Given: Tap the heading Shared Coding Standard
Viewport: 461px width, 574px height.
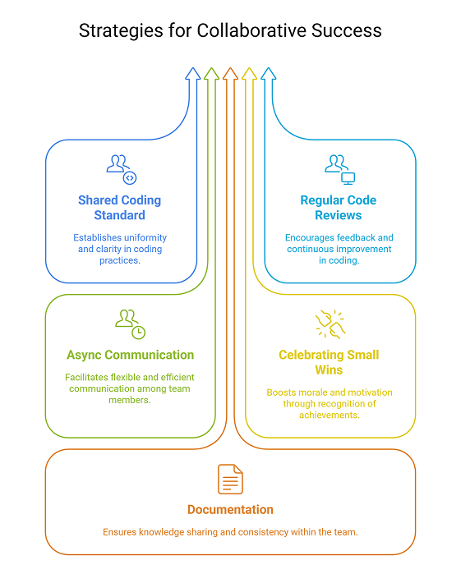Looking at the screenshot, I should tap(120, 208).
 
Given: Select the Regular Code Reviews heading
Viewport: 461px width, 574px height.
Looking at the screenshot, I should tap(338, 208).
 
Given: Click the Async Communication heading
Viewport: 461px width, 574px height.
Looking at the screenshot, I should tap(130, 355).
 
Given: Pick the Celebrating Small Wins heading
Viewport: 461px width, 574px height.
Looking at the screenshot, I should tap(329, 362).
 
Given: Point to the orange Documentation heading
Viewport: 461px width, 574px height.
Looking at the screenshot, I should tap(230, 509).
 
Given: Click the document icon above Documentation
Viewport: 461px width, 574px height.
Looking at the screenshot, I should tap(230, 480).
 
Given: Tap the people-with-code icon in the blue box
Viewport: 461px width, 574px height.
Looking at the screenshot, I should tap(122, 168).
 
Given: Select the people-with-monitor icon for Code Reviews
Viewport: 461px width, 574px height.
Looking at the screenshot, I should tap(339, 168).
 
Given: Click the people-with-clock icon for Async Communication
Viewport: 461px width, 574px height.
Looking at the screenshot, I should tap(130, 324).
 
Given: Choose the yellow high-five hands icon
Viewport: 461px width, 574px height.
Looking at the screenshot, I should tap(330, 324).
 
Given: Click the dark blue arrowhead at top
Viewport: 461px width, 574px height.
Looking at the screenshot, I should tap(192, 74).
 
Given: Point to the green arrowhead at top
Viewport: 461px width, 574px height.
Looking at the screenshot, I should tap(211, 74).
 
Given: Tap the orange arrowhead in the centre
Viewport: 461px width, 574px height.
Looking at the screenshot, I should tap(230, 74).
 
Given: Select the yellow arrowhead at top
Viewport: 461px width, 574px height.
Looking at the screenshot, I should tap(249, 74).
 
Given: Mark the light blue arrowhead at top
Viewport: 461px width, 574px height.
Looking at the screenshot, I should tap(268, 74).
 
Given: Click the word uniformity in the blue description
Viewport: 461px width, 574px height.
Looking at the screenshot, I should tap(141, 238).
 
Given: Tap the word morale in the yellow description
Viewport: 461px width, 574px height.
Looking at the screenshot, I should tap(311, 393).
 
